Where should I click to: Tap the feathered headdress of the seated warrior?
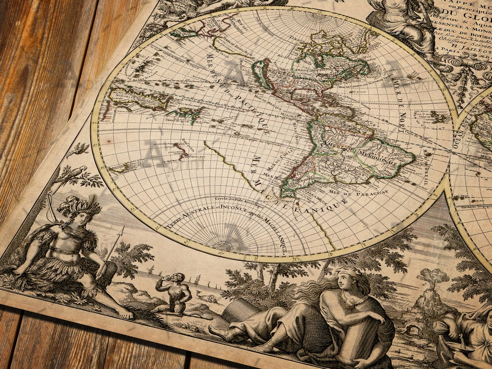[x=80, y=205]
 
